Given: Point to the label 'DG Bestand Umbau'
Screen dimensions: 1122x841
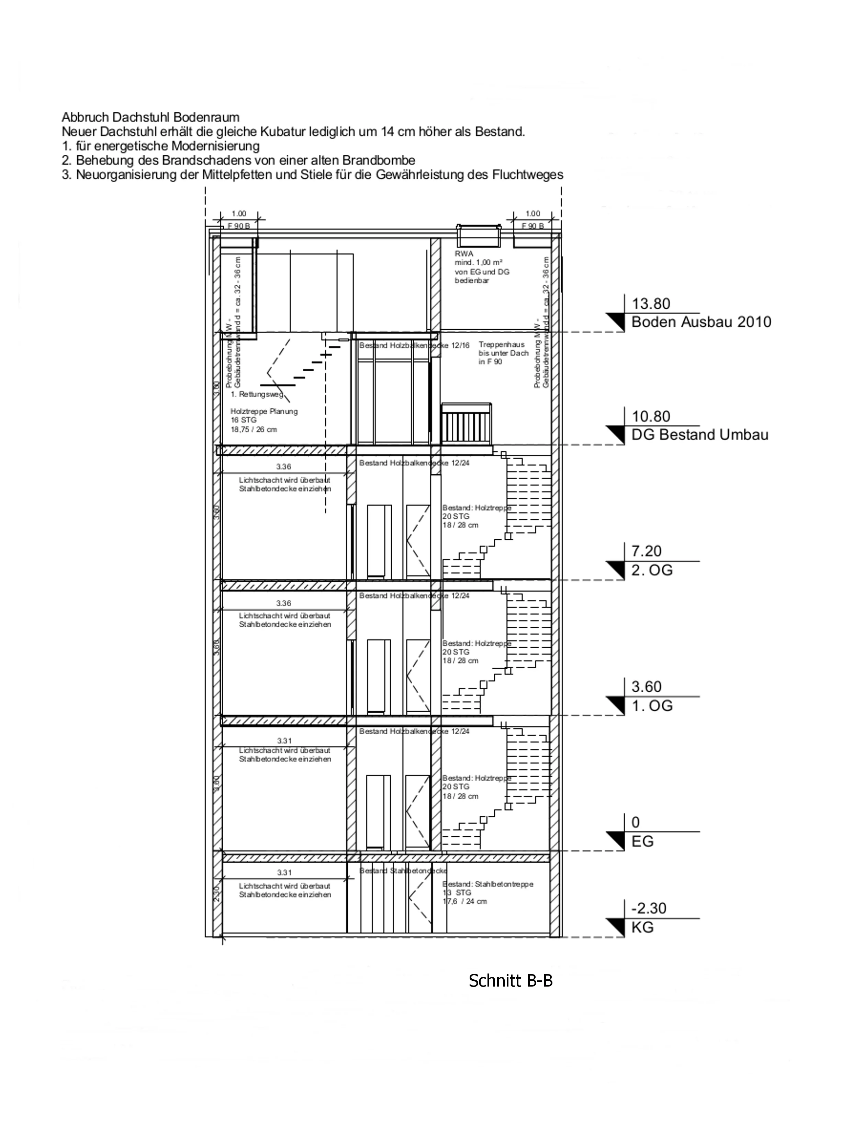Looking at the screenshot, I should [699, 435].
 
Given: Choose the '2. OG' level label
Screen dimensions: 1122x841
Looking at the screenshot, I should [652, 570].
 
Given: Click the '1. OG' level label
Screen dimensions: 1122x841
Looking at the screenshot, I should [652, 706].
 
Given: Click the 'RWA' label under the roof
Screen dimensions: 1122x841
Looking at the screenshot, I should [463, 254].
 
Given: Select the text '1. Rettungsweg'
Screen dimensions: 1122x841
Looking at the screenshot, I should [257, 394].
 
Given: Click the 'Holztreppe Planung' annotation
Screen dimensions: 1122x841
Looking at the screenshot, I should [263, 411].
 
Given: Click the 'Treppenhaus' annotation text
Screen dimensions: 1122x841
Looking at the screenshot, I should [501, 344].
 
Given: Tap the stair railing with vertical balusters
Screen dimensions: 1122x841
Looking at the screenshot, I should [467, 423].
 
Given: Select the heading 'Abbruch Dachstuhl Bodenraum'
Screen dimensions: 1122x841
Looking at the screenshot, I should [150, 118].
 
